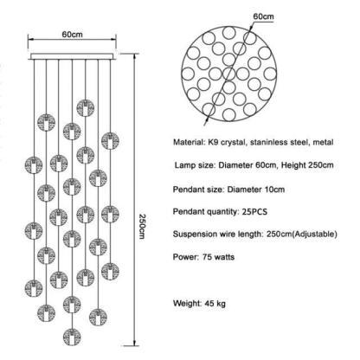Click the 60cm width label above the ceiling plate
(x=72, y=35)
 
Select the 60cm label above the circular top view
(x=263, y=16)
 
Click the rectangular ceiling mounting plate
(x=72, y=56)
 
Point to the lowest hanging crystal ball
(x=72, y=337)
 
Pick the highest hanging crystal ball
(x=86, y=108)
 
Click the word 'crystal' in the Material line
(x=233, y=142)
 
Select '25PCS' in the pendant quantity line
(x=254, y=212)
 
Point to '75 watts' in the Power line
(x=218, y=257)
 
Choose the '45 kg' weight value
(x=215, y=304)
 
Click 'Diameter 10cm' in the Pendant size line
(x=256, y=190)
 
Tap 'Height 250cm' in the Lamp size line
(x=307, y=165)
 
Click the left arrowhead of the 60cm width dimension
(x=30, y=39)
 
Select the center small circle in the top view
(x=228, y=74)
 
